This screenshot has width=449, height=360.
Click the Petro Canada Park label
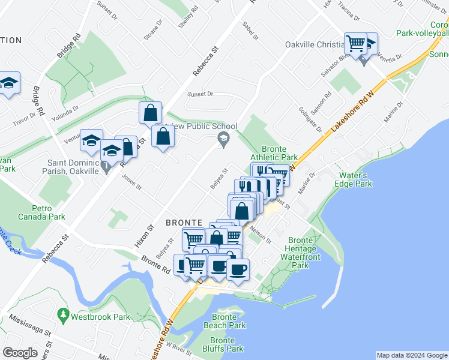point(41,212)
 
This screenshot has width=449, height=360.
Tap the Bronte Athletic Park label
point(279,154)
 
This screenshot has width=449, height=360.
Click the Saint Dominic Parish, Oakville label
point(73,167)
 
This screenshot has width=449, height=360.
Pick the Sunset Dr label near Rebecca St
point(200,94)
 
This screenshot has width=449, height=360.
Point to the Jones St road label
point(131,182)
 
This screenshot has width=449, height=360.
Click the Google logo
point(20,353)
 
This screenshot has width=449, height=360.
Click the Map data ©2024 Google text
point(411,355)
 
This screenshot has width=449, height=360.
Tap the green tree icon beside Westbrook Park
point(63,315)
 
